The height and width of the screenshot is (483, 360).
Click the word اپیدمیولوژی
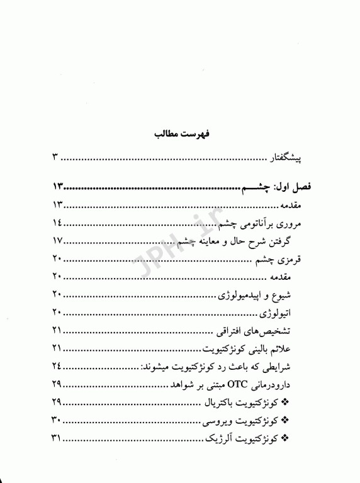tap(246, 295)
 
